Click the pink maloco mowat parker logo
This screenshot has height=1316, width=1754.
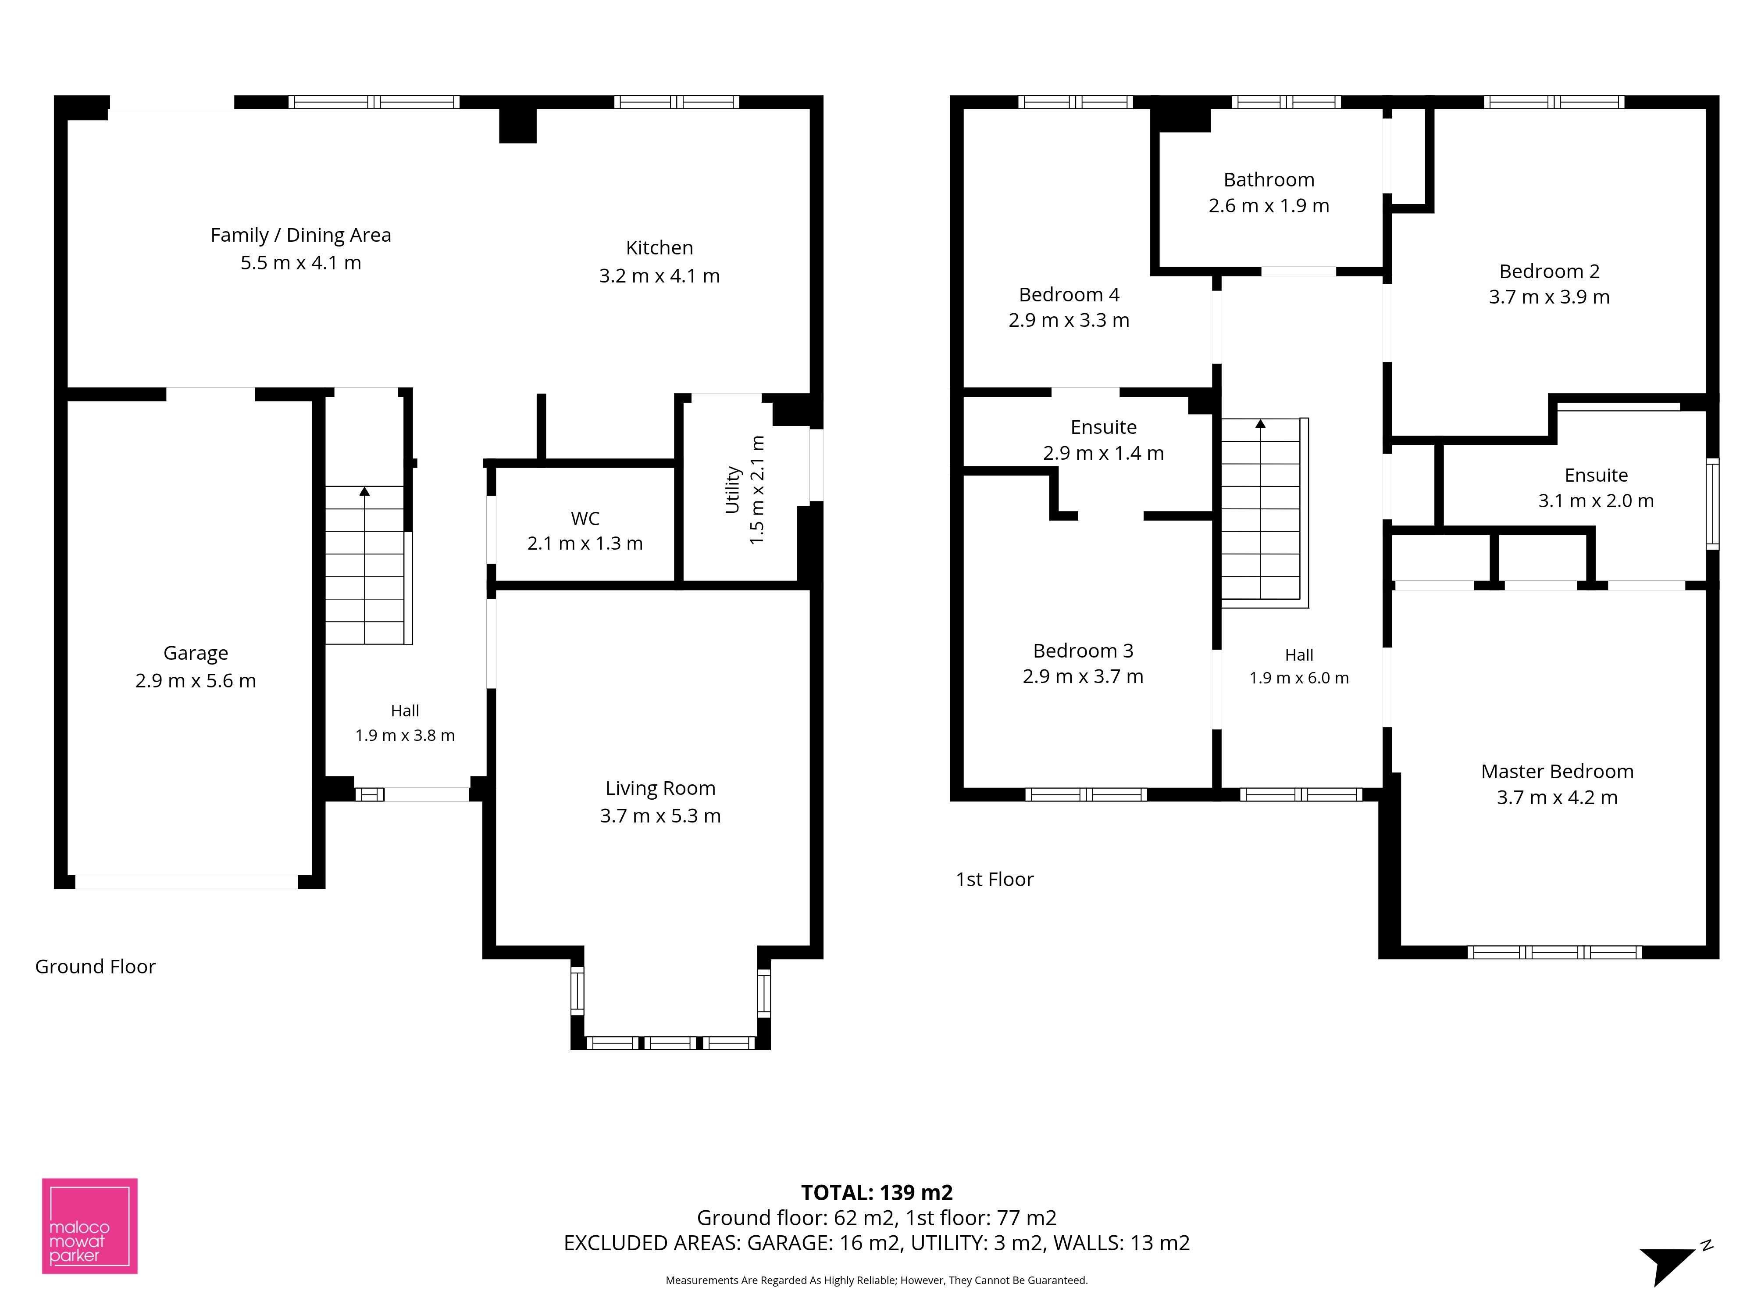(x=89, y=1226)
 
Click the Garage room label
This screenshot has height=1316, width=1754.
(x=196, y=653)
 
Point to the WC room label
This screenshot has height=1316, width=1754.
(x=585, y=518)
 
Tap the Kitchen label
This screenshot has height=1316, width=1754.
(x=660, y=247)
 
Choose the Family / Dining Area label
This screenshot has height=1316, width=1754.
(x=300, y=235)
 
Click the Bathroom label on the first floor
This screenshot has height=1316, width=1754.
(x=1269, y=179)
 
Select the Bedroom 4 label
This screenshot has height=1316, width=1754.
(x=1069, y=294)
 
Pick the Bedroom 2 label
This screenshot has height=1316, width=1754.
(x=1549, y=271)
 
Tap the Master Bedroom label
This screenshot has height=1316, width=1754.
(x=1558, y=771)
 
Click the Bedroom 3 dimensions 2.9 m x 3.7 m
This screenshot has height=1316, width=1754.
(x=1083, y=676)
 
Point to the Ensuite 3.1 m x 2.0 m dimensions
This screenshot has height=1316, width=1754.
(x=1596, y=501)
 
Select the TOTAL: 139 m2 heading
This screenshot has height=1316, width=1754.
(x=877, y=1192)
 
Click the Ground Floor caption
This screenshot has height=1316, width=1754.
(x=95, y=966)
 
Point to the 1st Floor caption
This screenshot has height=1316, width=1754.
(x=995, y=879)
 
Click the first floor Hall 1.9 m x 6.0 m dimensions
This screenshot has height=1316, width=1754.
(x=1299, y=677)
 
